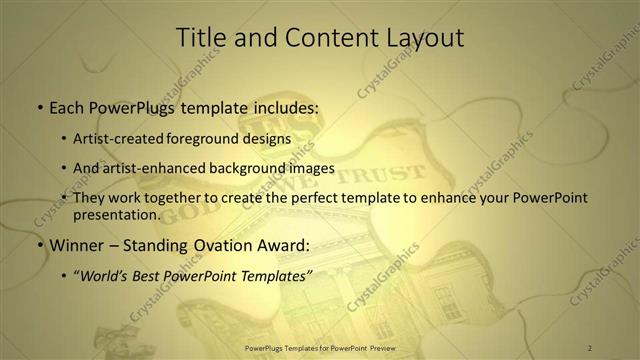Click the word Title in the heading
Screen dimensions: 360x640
[200, 38]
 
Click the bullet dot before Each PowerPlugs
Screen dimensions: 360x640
[39, 105]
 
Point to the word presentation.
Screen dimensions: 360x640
[116, 214]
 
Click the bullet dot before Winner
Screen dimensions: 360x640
[39, 245]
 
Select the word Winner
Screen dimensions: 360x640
[76, 245]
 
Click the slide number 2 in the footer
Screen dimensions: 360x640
[590, 347]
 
